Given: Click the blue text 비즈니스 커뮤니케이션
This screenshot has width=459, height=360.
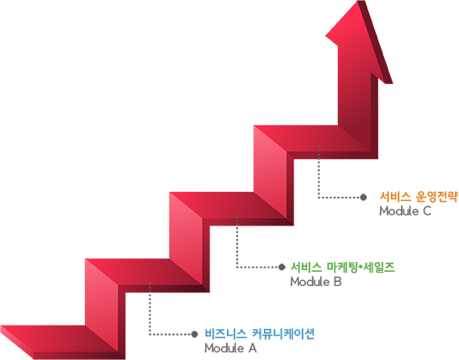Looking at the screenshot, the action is point(260,334).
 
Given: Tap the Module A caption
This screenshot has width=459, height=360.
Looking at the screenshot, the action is point(230,348).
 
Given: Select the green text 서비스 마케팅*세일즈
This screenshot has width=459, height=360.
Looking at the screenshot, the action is point(342,267).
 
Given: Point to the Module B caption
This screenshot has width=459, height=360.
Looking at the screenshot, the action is point(316,282).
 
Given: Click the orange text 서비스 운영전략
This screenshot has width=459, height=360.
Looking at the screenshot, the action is point(419,197).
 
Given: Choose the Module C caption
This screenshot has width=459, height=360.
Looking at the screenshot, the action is point(405,211).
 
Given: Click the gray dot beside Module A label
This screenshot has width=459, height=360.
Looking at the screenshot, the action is point(194,334).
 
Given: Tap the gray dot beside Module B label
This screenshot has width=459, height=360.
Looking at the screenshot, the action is point(282,267).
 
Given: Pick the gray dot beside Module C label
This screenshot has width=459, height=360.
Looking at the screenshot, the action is point(363,197).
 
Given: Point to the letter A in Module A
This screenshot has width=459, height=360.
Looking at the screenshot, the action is point(253,348).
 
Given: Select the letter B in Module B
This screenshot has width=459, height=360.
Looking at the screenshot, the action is point(338,282).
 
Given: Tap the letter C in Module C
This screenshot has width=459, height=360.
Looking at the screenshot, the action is point(427,211).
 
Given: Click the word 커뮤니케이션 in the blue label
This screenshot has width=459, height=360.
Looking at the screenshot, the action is point(283,334).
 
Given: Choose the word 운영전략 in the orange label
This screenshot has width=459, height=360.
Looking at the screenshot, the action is point(436,197).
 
